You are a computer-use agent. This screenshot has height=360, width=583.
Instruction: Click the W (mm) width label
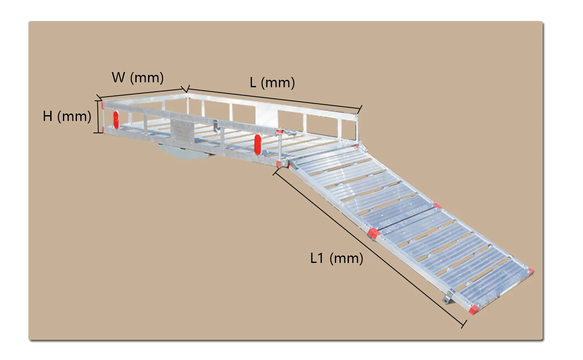137,77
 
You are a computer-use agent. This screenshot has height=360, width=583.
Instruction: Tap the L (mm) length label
272,83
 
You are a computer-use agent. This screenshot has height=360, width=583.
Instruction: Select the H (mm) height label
67,116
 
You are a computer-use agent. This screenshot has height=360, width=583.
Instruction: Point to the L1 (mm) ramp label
337,258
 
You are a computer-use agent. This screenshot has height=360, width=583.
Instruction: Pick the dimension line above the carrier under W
142,93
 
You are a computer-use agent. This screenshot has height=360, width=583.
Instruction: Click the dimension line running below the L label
274,99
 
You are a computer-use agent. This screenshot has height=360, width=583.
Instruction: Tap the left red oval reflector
116,119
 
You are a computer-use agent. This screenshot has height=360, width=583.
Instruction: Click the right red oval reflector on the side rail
258,144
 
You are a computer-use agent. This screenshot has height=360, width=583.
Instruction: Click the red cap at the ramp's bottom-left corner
473,310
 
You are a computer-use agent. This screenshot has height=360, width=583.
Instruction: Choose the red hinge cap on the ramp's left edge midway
373,233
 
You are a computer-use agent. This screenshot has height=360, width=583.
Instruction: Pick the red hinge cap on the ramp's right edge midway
437,206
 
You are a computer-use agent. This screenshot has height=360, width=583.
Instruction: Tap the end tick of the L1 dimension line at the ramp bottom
464,324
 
